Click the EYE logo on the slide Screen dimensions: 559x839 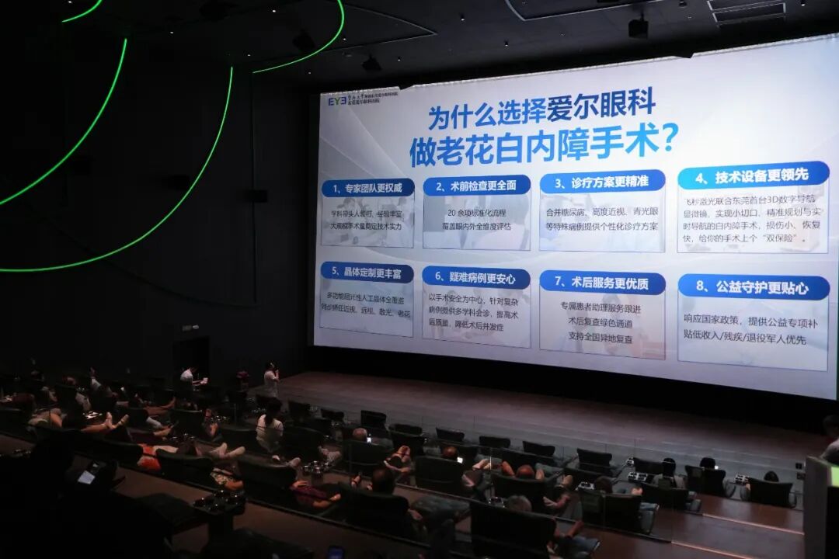coord(336,101)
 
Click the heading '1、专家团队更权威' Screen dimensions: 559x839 coord(367,188)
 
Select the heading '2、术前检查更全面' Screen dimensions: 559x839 coord(476,186)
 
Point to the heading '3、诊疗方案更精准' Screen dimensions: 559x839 coord(602,182)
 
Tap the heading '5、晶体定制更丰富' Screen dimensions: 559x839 coord(367,272)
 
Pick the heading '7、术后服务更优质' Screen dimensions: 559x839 coord(602,283)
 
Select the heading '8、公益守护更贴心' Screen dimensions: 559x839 coord(753,286)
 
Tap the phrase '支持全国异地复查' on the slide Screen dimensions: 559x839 coord(601,339)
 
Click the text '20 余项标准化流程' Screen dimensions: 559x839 coord(476,212)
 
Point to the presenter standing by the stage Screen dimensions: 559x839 coord(270,380)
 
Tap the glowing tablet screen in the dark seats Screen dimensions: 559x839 coord(86,477)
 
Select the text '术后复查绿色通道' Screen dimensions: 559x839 coord(601,321)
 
